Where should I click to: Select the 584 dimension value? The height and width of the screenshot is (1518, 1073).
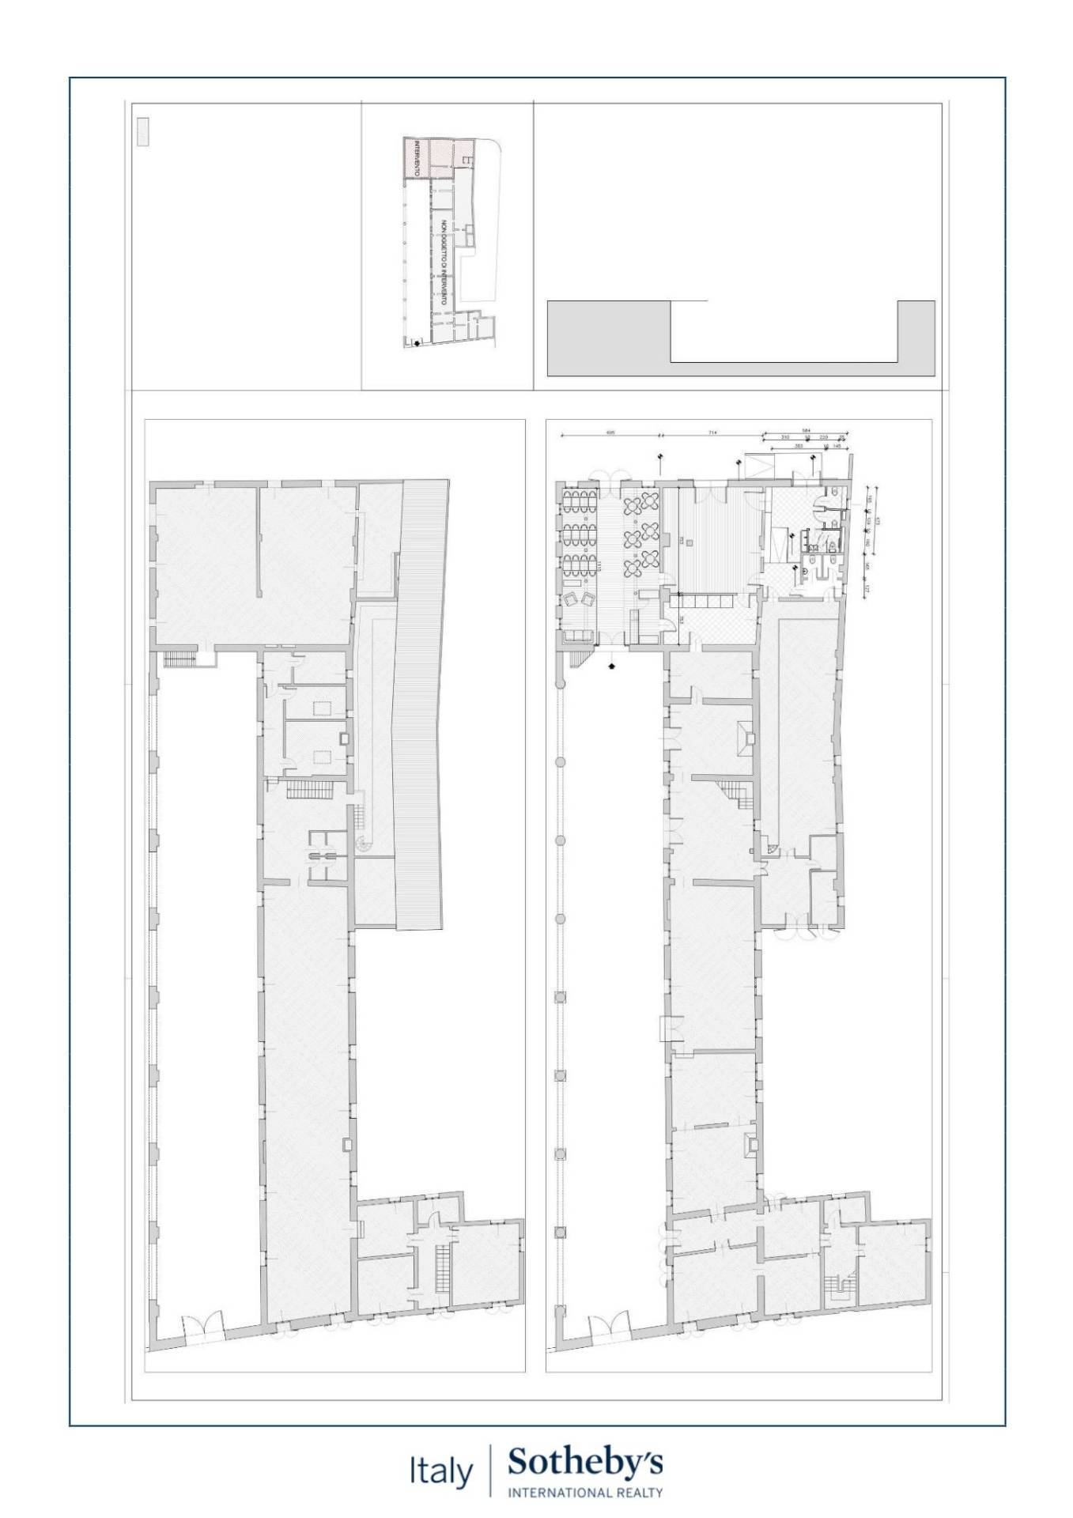pos(805,431)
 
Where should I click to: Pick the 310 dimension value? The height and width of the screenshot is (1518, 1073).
pos(785,436)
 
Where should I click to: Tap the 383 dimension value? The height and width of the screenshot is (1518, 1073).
pos(799,447)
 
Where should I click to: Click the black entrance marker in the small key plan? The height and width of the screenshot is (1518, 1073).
pos(417,342)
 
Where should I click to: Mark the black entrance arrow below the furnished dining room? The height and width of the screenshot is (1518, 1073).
pos(611,666)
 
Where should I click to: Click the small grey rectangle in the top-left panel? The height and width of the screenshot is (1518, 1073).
pos(143,131)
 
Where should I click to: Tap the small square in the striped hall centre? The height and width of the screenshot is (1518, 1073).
pos(690,542)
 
